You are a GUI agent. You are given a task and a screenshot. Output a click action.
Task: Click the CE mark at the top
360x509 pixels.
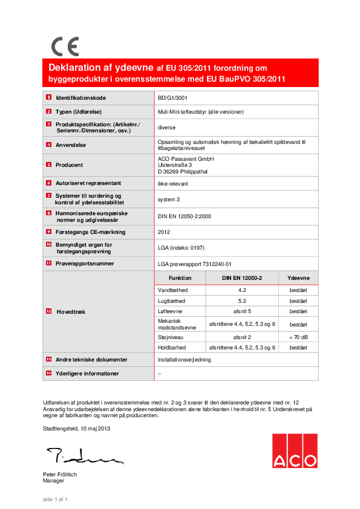point(65,47)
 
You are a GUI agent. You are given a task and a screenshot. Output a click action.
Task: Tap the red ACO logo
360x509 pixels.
point(294,450)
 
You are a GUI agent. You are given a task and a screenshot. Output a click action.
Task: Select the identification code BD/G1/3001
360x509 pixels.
point(172,97)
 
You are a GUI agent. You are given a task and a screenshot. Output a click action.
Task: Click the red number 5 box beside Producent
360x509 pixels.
point(48,164)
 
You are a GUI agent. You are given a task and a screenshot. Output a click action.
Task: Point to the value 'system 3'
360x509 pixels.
point(168,199)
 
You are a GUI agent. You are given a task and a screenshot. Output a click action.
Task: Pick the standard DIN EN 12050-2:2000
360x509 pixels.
point(184,216)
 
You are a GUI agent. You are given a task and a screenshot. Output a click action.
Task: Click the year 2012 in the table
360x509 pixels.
point(164,232)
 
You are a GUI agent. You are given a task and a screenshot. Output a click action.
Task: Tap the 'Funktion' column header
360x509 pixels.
point(180,278)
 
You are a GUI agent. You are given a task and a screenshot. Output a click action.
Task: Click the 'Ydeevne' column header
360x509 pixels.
point(298,278)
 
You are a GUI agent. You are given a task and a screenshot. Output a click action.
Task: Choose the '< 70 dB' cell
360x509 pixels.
point(298,337)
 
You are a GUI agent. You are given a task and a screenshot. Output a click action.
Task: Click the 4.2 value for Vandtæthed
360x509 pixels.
point(241,290)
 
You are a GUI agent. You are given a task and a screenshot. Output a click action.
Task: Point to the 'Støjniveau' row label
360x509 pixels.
point(171,337)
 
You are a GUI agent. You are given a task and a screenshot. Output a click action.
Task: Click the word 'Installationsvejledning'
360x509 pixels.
point(183,360)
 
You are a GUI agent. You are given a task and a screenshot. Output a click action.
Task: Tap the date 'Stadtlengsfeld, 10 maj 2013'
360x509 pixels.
point(76,429)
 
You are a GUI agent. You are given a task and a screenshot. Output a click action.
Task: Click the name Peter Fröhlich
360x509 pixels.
point(60,475)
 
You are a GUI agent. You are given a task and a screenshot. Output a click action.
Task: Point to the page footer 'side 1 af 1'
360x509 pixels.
point(54,499)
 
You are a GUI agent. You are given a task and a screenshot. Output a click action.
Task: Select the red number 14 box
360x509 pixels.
point(48,374)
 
